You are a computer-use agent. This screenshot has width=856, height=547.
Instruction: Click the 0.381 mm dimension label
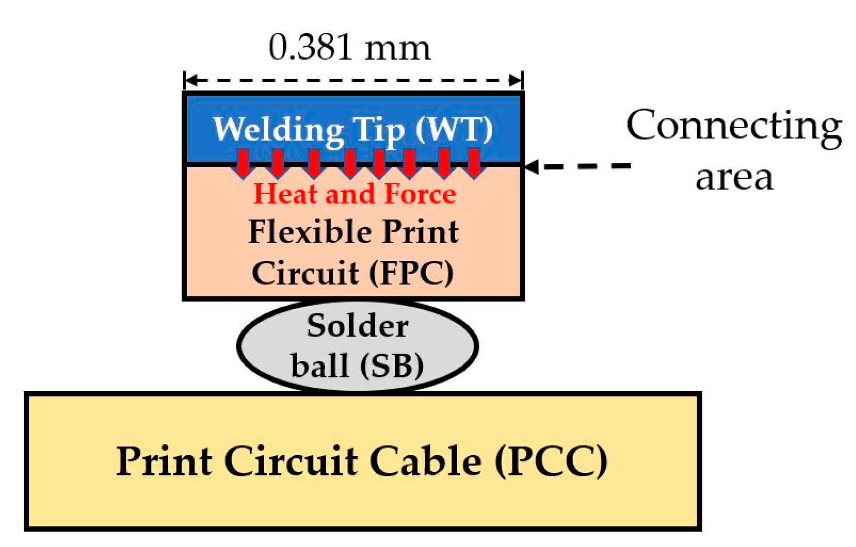click(x=350, y=48)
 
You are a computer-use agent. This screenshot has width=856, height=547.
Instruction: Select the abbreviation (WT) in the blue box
click(x=454, y=129)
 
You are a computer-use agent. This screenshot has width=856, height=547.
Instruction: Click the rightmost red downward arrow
click(x=473, y=163)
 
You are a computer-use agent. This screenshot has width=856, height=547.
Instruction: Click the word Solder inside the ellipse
click(x=357, y=326)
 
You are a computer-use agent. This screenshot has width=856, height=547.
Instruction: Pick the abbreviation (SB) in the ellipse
click(x=391, y=366)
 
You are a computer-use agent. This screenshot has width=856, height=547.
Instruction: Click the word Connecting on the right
click(x=734, y=126)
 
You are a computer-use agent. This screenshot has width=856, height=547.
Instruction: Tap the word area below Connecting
click(x=734, y=178)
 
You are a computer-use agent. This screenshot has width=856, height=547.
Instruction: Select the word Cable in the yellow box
click(x=425, y=461)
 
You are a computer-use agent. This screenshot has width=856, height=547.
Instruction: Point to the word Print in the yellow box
click(x=164, y=461)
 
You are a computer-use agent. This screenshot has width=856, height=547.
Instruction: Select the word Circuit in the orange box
click(x=305, y=273)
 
